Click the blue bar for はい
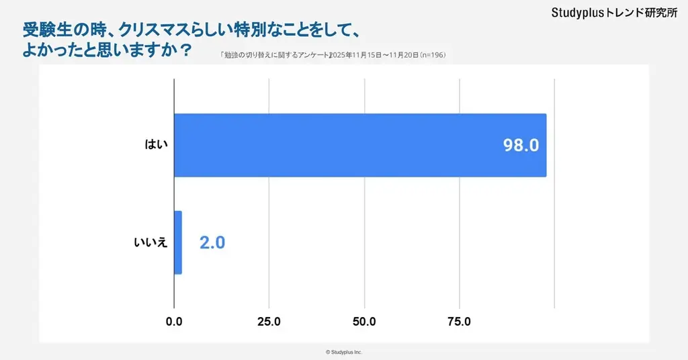(x=359, y=145)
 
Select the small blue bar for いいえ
(x=178, y=242)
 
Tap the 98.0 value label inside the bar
(x=521, y=146)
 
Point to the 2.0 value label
(x=212, y=243)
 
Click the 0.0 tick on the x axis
(x=174, y=322)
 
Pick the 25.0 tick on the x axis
(x=269, y=322)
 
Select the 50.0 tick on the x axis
(x=364, y=322)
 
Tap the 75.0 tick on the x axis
(x=459, y=322)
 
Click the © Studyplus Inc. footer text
(x=343, y=352)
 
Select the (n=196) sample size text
(x=433, y=55)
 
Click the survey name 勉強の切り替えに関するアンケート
(x=275, y=55)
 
